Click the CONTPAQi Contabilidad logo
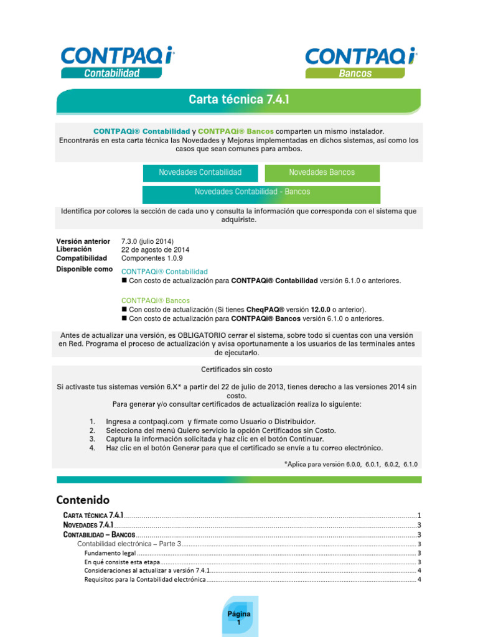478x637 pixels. (117, 62)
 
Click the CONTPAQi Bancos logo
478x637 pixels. (360, 62)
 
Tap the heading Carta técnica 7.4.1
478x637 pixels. (239, 100)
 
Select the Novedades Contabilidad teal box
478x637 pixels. (200, 172)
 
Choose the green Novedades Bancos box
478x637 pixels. (322, 172)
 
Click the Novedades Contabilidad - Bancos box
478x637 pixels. (252, 192)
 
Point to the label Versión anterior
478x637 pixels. (83, 241)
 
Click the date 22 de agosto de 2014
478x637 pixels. (155, 249)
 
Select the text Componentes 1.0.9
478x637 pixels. (152, 258)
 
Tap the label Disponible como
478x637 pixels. (85, 269)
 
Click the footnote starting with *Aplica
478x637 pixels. (351, 464)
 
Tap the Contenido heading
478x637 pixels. (83, 500)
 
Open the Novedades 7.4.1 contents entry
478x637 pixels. (88, 525)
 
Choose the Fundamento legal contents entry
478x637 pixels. (110, 552)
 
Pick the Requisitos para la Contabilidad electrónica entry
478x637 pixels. (144, 580)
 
